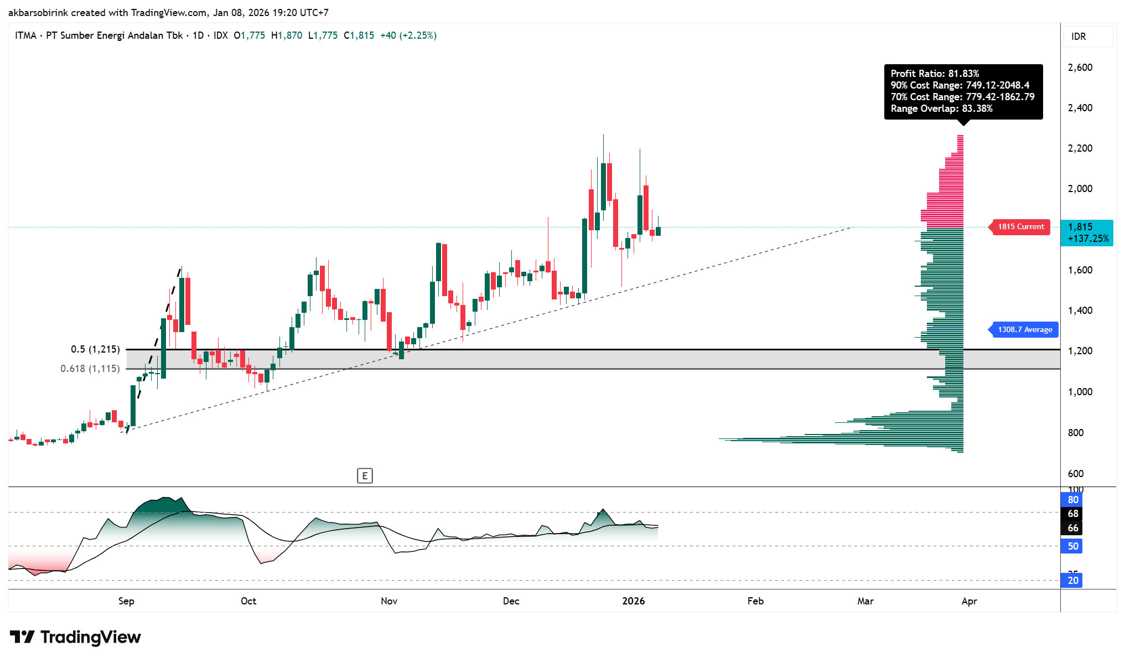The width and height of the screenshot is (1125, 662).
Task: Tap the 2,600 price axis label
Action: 1080,68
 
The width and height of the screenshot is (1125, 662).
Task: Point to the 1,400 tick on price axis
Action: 1080,311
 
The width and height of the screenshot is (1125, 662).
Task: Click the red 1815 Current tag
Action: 1020,227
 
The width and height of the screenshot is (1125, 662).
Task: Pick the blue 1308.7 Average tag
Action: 1024,330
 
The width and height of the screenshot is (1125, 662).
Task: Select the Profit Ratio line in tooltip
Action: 935,74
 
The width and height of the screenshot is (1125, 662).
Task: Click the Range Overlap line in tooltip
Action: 941,108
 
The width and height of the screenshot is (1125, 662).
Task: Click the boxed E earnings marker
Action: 365,475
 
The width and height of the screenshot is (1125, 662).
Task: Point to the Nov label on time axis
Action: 389,601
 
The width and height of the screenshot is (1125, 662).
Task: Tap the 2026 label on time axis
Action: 633,601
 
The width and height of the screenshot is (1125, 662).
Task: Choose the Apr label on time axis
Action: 969,601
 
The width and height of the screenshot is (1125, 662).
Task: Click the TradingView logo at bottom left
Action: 75,637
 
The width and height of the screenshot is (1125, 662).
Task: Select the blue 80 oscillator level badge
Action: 1072,500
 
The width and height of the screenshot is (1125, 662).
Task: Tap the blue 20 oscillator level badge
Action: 1072,581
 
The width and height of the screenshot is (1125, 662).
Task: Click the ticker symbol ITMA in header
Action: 25,35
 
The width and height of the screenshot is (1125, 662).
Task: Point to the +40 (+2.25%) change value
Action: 408,35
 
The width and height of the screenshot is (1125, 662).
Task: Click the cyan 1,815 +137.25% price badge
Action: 1087,233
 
